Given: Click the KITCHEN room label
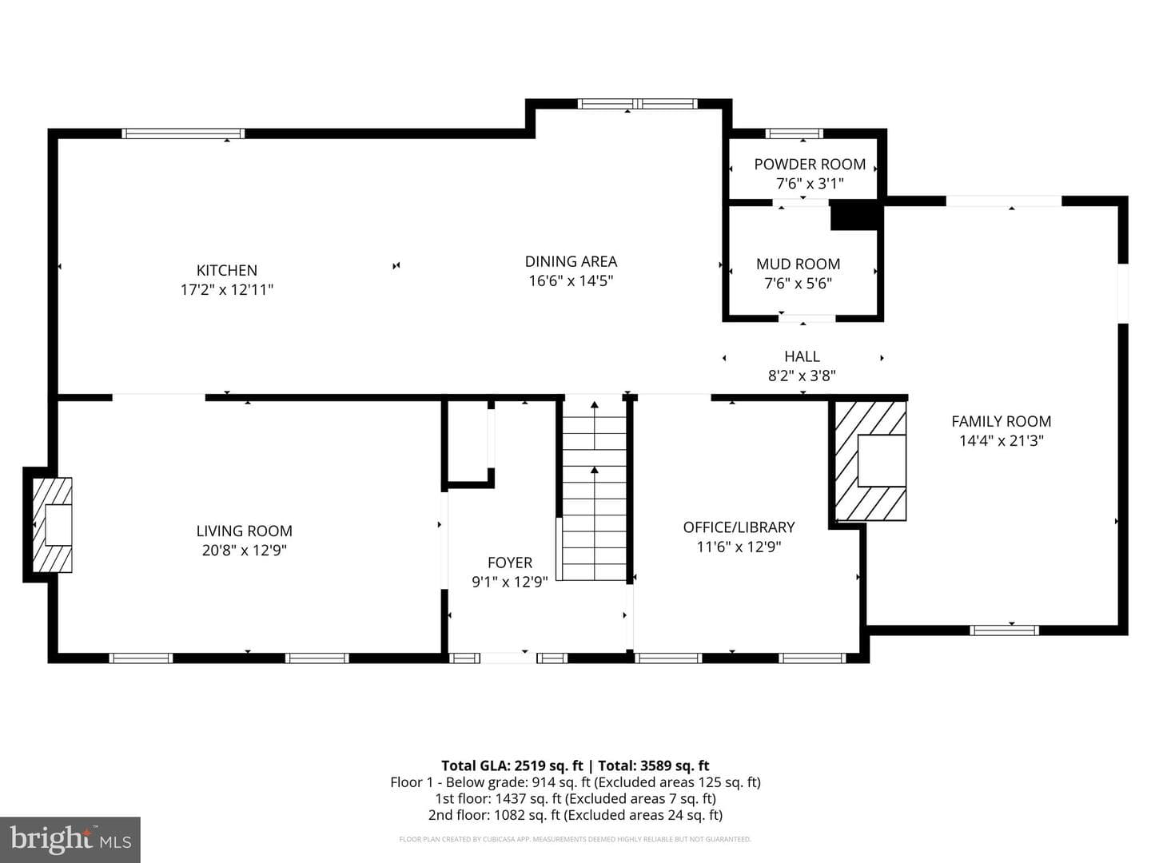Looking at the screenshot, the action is click(x=226, y=270).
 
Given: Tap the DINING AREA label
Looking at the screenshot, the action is click(x=571, y=261).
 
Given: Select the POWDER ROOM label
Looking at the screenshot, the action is click(x=810, y=165).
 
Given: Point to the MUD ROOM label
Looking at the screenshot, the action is click(x=798, y=264).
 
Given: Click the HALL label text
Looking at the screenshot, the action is click(x=802, y=356).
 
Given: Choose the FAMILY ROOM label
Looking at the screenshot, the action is click(x=1001, y=421).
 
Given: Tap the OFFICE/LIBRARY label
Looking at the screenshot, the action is click(x=739, y=527).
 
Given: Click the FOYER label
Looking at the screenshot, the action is click(x=510, y=563).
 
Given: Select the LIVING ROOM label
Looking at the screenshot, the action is click(x=245, y=531).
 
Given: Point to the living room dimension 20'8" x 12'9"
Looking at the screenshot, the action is click(x=245, y=551).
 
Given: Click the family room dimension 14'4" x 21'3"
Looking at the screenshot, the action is click(x=1001, y=440).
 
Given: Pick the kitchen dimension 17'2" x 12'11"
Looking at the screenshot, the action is click(x=226, y=290).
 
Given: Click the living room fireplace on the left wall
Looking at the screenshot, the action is click(x=52, y=524).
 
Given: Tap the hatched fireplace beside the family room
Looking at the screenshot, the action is click(x=870, y=461).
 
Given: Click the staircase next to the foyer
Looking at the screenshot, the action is click(x=594, y=488).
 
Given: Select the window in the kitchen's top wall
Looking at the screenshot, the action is click(x=183, y=133).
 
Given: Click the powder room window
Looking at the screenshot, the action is click(x=794, y=133).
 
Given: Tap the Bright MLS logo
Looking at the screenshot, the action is click(x=70, y=839).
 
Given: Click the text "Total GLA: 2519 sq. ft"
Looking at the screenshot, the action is click(x=512, y=766).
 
